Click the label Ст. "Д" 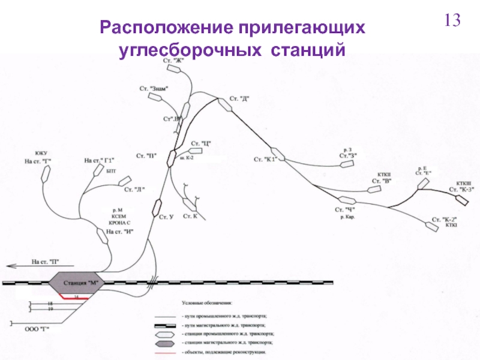point(239,99)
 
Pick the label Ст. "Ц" point(202,143)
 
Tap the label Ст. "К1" point(263,159)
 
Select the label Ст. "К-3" point(462,190)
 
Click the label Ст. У point(166,217)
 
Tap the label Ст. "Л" point(135,190)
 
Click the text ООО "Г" point(36,329)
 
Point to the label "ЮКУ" point(41,154)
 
